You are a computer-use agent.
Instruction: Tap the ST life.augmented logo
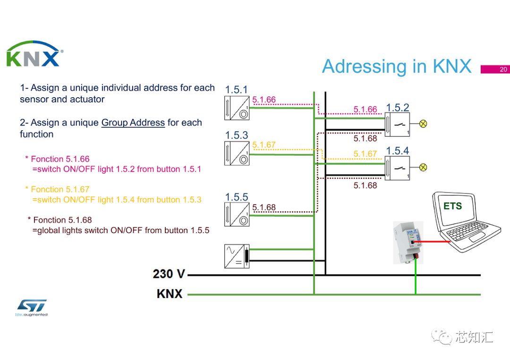tap(32, 307)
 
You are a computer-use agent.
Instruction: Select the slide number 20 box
tap(495, 69)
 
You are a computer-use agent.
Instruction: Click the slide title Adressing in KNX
tap(397, 67)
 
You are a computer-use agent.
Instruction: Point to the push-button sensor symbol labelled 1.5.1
tap(237, 108)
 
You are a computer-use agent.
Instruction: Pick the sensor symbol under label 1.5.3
tap(237, 153)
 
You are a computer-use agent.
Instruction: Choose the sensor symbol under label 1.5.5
tap(237, 215)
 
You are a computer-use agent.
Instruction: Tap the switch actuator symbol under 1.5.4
tap(397, 168)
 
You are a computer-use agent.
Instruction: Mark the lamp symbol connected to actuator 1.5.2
tap(423, 124)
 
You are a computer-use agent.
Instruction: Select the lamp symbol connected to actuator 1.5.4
tap(423, 167)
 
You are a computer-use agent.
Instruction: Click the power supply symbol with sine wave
tap(237, 256)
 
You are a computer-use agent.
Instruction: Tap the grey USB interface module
tap(408, 243)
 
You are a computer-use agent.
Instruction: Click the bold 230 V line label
tap(169, 274)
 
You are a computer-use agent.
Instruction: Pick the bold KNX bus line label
tap(170, 294)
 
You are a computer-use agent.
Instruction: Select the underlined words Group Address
tap(133, 123)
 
